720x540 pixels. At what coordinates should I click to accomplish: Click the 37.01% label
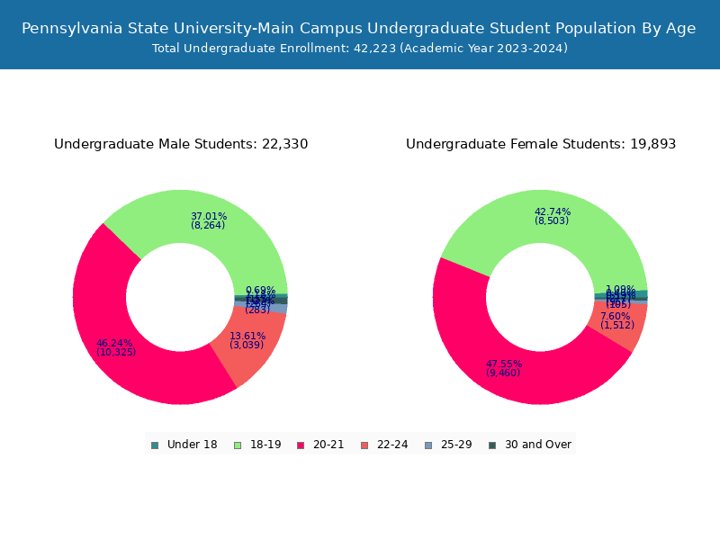click(x=208, y=216)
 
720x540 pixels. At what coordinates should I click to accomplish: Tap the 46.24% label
click(x=114, y=343)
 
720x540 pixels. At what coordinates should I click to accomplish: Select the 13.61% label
click(x=247, y=336)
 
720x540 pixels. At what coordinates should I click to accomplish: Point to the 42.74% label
click(x=552, y=211)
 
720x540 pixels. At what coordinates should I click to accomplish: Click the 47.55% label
click(x=504, y=364)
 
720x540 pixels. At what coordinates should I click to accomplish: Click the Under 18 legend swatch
click(x=155, y=445)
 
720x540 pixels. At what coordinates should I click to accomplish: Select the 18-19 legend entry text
click(x=265, y=445)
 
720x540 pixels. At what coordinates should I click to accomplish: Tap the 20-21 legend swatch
click(x=301, y=445)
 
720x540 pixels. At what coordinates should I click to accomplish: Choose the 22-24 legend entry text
click(x=391, y=445)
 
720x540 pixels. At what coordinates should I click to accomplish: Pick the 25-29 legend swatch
click(x=427, y=445)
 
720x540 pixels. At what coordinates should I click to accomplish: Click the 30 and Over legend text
click(x=537, y=445)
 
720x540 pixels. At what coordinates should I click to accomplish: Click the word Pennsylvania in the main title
click(x=74, y=29)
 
